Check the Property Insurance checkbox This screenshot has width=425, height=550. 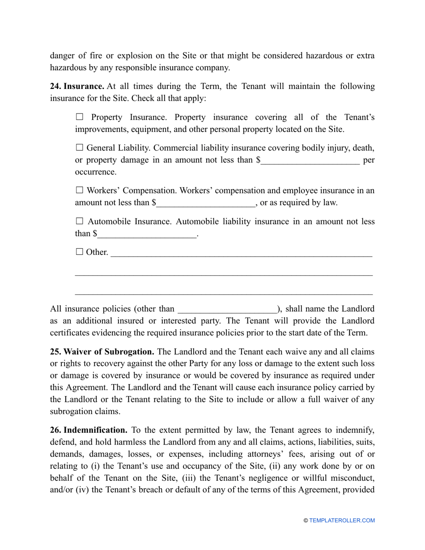[80, 117]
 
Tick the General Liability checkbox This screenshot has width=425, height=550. [80, 148]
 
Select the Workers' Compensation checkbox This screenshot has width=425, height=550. [80, 190]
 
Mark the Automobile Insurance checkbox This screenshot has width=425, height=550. [80, 221]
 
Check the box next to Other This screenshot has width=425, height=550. [80, 252]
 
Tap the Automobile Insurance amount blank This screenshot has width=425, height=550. [147, 234]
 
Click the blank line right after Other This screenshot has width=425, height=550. [241, 253]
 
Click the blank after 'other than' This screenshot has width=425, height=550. [227, 309]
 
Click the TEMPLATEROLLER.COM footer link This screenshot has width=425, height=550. [342, 520]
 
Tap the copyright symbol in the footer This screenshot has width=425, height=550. [306, 520]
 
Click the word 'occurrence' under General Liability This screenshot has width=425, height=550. [95, 172]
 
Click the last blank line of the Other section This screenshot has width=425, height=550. [224, 294]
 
